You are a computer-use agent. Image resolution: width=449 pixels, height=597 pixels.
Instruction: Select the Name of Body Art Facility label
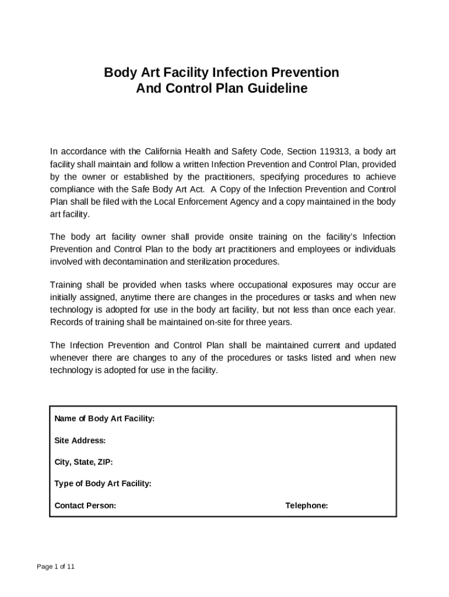[x=104, y=419]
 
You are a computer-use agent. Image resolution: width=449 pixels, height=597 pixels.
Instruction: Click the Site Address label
[x=80, y=440]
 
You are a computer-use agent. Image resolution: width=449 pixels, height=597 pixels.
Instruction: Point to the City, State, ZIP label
[x=83, y=462]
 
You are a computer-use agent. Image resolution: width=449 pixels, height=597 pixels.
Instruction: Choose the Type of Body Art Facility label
[x=103, y=483]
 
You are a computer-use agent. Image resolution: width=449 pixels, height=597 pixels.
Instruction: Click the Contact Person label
[x=85, y=505]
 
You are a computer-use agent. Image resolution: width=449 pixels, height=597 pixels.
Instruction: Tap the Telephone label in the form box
[x=307, y=505]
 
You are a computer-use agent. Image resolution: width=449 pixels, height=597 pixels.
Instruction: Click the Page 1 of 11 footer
[x=55, y=567]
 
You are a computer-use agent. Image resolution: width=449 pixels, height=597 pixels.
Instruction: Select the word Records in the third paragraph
[x=66, y=322]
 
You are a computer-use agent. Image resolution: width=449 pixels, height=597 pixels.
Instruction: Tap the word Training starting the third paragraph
[x=68, y=285]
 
